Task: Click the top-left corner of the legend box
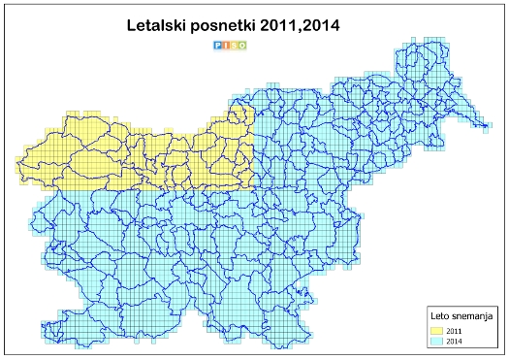pyautogui.click(x=428, y=306)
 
